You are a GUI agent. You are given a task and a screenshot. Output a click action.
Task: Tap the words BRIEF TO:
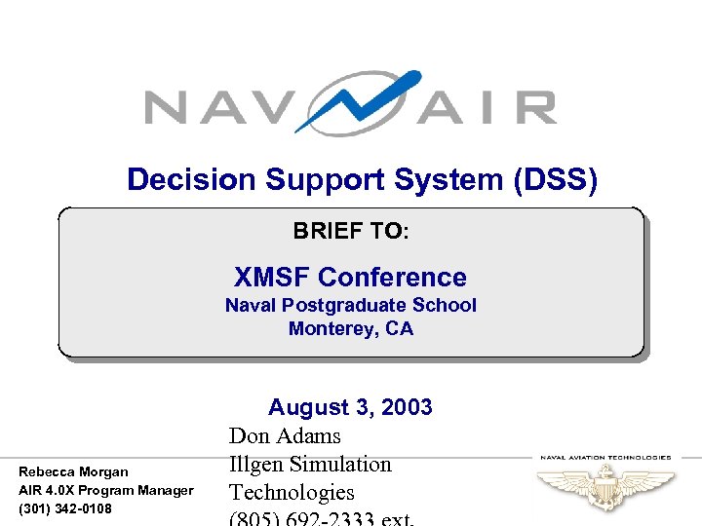351,232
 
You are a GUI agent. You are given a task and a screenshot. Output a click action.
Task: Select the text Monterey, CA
351,329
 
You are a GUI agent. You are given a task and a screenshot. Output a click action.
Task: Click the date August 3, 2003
350,407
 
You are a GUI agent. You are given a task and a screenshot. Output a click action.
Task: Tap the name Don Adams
285,436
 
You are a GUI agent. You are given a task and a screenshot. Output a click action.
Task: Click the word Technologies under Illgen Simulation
292,493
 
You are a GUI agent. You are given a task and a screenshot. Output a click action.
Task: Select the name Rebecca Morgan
73,471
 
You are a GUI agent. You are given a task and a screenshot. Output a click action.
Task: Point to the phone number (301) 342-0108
65,508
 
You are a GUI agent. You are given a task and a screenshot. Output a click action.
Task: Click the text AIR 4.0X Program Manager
106,490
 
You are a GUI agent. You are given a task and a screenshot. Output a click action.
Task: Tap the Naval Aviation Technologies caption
605,456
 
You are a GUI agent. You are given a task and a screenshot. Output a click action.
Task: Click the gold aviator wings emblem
606,485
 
